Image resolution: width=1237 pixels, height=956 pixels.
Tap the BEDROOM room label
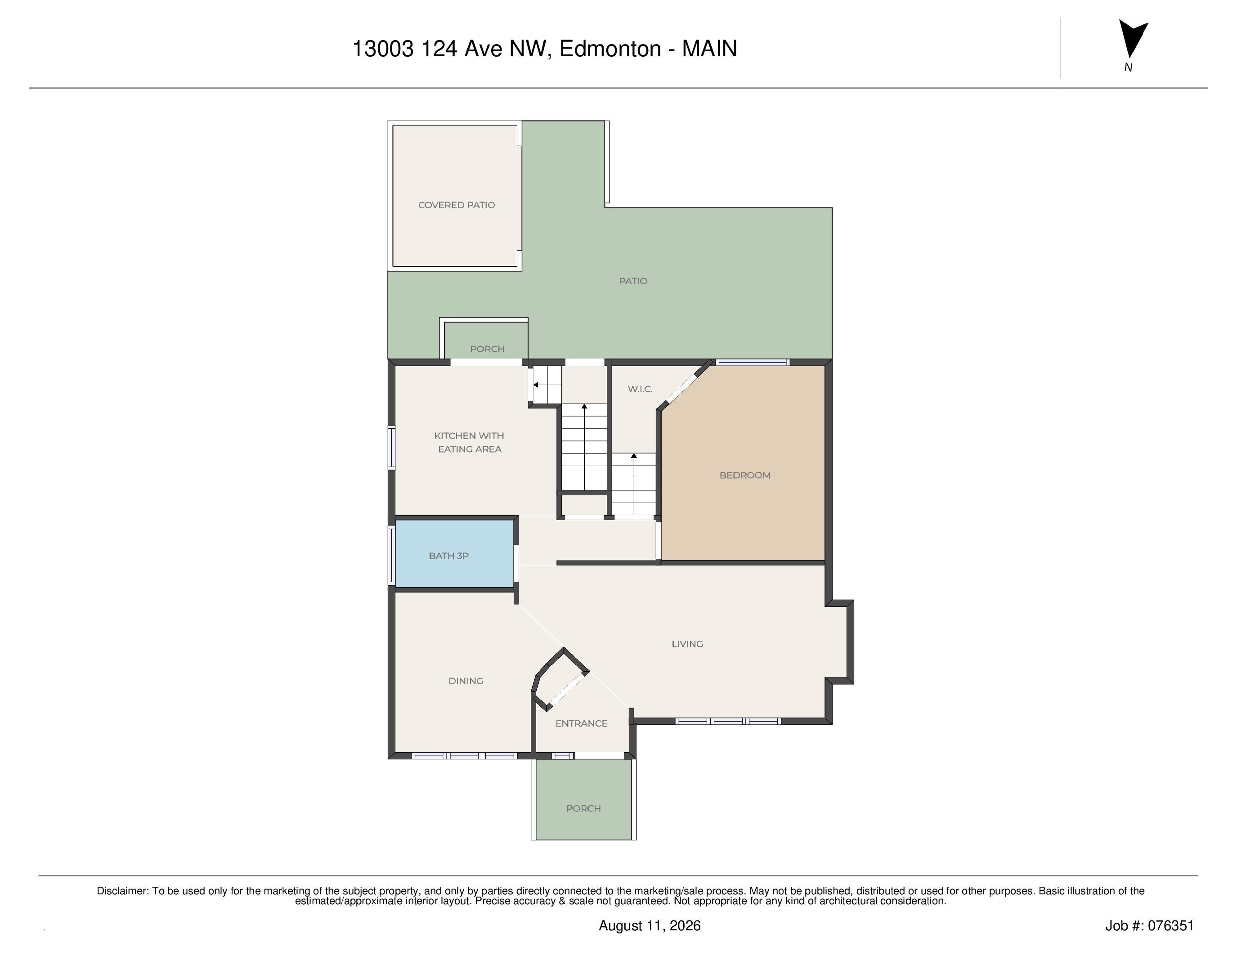pyautogui.click(x=745, y=475)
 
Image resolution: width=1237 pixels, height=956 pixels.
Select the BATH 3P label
pyautogui.click(x=448, y=556)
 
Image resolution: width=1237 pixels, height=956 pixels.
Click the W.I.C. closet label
pyautogui.click(x=640, y=389)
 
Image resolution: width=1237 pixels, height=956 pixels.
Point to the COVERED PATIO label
pyautogui.click(x=457, y=205)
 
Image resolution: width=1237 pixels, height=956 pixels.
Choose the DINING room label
pyautogui.click(x=466, y=681)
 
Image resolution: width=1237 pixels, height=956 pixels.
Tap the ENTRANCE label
pyautogui.click(x=581, y=723)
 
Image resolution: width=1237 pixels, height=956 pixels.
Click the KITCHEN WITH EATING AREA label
pyautogui.click(x=469, y=442)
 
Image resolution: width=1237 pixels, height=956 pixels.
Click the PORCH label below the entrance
pyautogui.click(x=583, y=808)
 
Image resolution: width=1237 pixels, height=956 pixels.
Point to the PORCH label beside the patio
pyautogui.click(x=487, y=349)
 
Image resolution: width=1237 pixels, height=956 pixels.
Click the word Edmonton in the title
pyautogui.click(x=610, y=49)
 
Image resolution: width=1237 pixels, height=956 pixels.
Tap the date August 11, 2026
pyautogui.click(x=650, y=925)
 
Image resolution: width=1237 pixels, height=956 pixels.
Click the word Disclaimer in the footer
pyautogui.click(x=122, y=891)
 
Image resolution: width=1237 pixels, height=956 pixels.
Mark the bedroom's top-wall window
pyautogui.click(x=752, y=363)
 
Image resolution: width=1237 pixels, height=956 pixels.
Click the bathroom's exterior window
pyautogui.click(x=391, y=555)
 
